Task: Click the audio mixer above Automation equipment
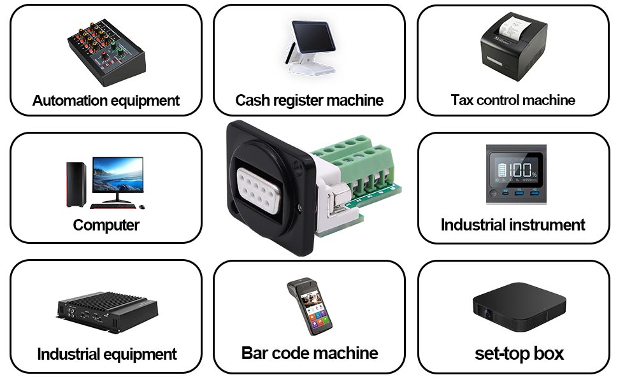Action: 106,52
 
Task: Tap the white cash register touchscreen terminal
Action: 311,47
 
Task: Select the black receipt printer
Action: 514,46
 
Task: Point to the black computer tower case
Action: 76,184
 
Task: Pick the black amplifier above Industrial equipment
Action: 107,313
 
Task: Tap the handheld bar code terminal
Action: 310,307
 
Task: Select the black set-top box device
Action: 519,307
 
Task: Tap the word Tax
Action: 461,100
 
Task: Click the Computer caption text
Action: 106,225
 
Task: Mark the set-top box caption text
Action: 519,353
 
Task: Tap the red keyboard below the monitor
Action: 113,206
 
